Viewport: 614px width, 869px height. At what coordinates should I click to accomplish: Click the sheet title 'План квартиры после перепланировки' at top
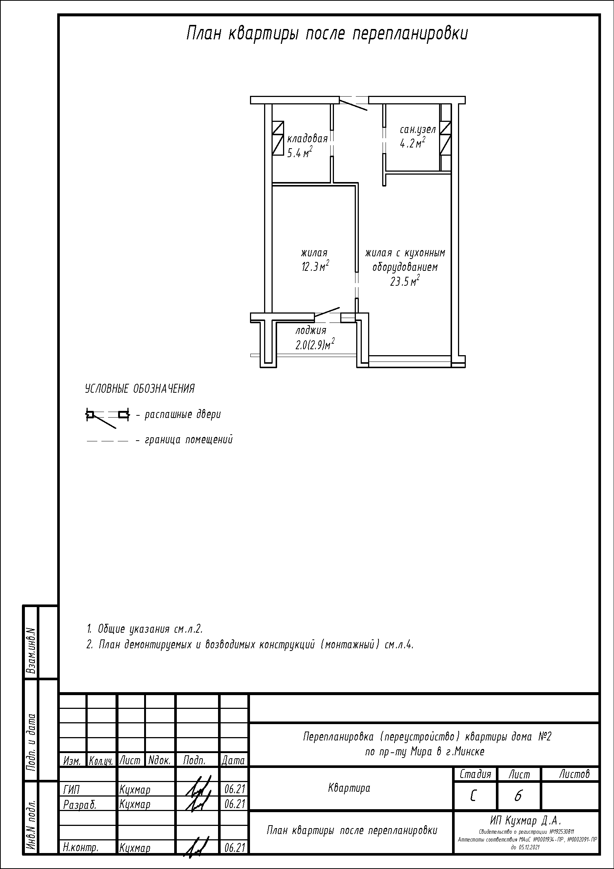click(x=327, y=34)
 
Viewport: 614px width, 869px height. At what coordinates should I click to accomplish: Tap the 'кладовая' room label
click(x=307, y=139)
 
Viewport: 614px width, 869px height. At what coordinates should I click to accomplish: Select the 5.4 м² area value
click(x=300, y=153)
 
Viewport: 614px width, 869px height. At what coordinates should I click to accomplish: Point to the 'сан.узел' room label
click(x=418, y=130)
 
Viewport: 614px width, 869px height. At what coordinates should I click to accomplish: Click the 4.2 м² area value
click(x=412, y=143)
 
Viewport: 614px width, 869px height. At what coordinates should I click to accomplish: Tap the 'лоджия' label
click(x=311, y=330)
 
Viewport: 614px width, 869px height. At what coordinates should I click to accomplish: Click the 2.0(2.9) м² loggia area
click(x=315, y=345)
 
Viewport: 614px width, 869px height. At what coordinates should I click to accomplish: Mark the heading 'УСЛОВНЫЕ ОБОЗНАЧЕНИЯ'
click(x=140, y=389)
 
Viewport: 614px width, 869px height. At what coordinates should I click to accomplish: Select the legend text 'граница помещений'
click(x=189, y=440)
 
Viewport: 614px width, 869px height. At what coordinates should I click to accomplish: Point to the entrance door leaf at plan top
click(x=353, y=104)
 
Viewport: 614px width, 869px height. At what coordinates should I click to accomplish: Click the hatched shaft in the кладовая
click(x=278, y=138)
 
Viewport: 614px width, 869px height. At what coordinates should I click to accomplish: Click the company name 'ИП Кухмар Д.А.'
click(x=526, y=821)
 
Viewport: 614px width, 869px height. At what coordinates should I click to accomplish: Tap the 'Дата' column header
click(x=233, y=761)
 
